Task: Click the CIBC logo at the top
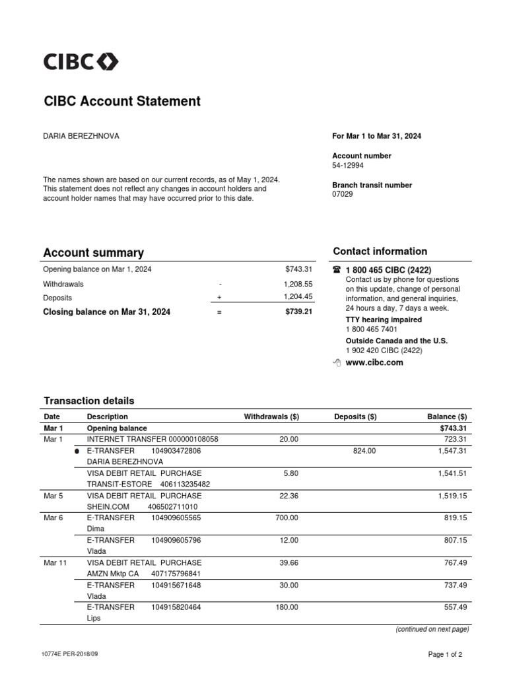81,62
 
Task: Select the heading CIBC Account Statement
121,102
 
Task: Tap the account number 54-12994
348,166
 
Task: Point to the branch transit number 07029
342,195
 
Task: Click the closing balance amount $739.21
298,312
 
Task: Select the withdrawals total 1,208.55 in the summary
298,284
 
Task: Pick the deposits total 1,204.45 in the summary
298,298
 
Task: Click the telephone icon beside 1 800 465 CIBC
337,270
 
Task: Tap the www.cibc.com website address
374,362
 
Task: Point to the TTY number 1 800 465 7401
371,329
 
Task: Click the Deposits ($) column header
355,417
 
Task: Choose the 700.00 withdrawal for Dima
287,518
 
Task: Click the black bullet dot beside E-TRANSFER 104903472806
77,452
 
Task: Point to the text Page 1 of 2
444,654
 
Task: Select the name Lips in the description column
94,619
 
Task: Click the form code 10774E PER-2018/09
73,654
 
